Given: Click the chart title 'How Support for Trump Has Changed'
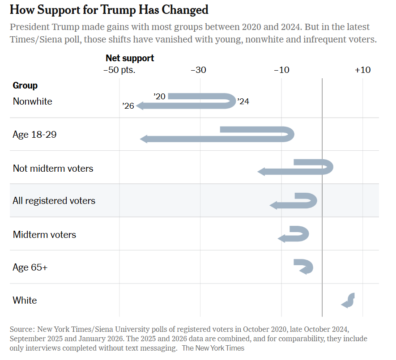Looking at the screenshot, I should [109, 10].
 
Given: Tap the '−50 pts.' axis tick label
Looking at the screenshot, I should [119, 70].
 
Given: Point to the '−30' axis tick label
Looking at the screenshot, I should [198, 70].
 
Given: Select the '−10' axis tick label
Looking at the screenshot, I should [281, 70].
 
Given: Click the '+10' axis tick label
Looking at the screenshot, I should [362, 70].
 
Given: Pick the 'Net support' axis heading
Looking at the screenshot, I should [130, 58].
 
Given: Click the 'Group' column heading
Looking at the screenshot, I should [25, 85].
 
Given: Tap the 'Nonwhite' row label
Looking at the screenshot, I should [32, 102].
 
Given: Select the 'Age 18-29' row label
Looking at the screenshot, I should [34, 134].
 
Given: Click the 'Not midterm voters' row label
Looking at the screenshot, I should [53, 169].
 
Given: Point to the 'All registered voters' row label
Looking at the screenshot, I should [54, 201].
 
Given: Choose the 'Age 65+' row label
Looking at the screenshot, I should [30, 267].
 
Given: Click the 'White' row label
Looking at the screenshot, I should [25, 300].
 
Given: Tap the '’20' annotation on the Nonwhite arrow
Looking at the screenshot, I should [159, 96].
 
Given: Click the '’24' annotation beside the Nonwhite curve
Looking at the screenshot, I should [243, 102].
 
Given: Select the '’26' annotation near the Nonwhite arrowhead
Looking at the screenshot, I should [128, 106].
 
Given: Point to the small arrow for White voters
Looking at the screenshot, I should [348, 300].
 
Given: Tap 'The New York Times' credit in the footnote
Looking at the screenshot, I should [213, 347].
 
